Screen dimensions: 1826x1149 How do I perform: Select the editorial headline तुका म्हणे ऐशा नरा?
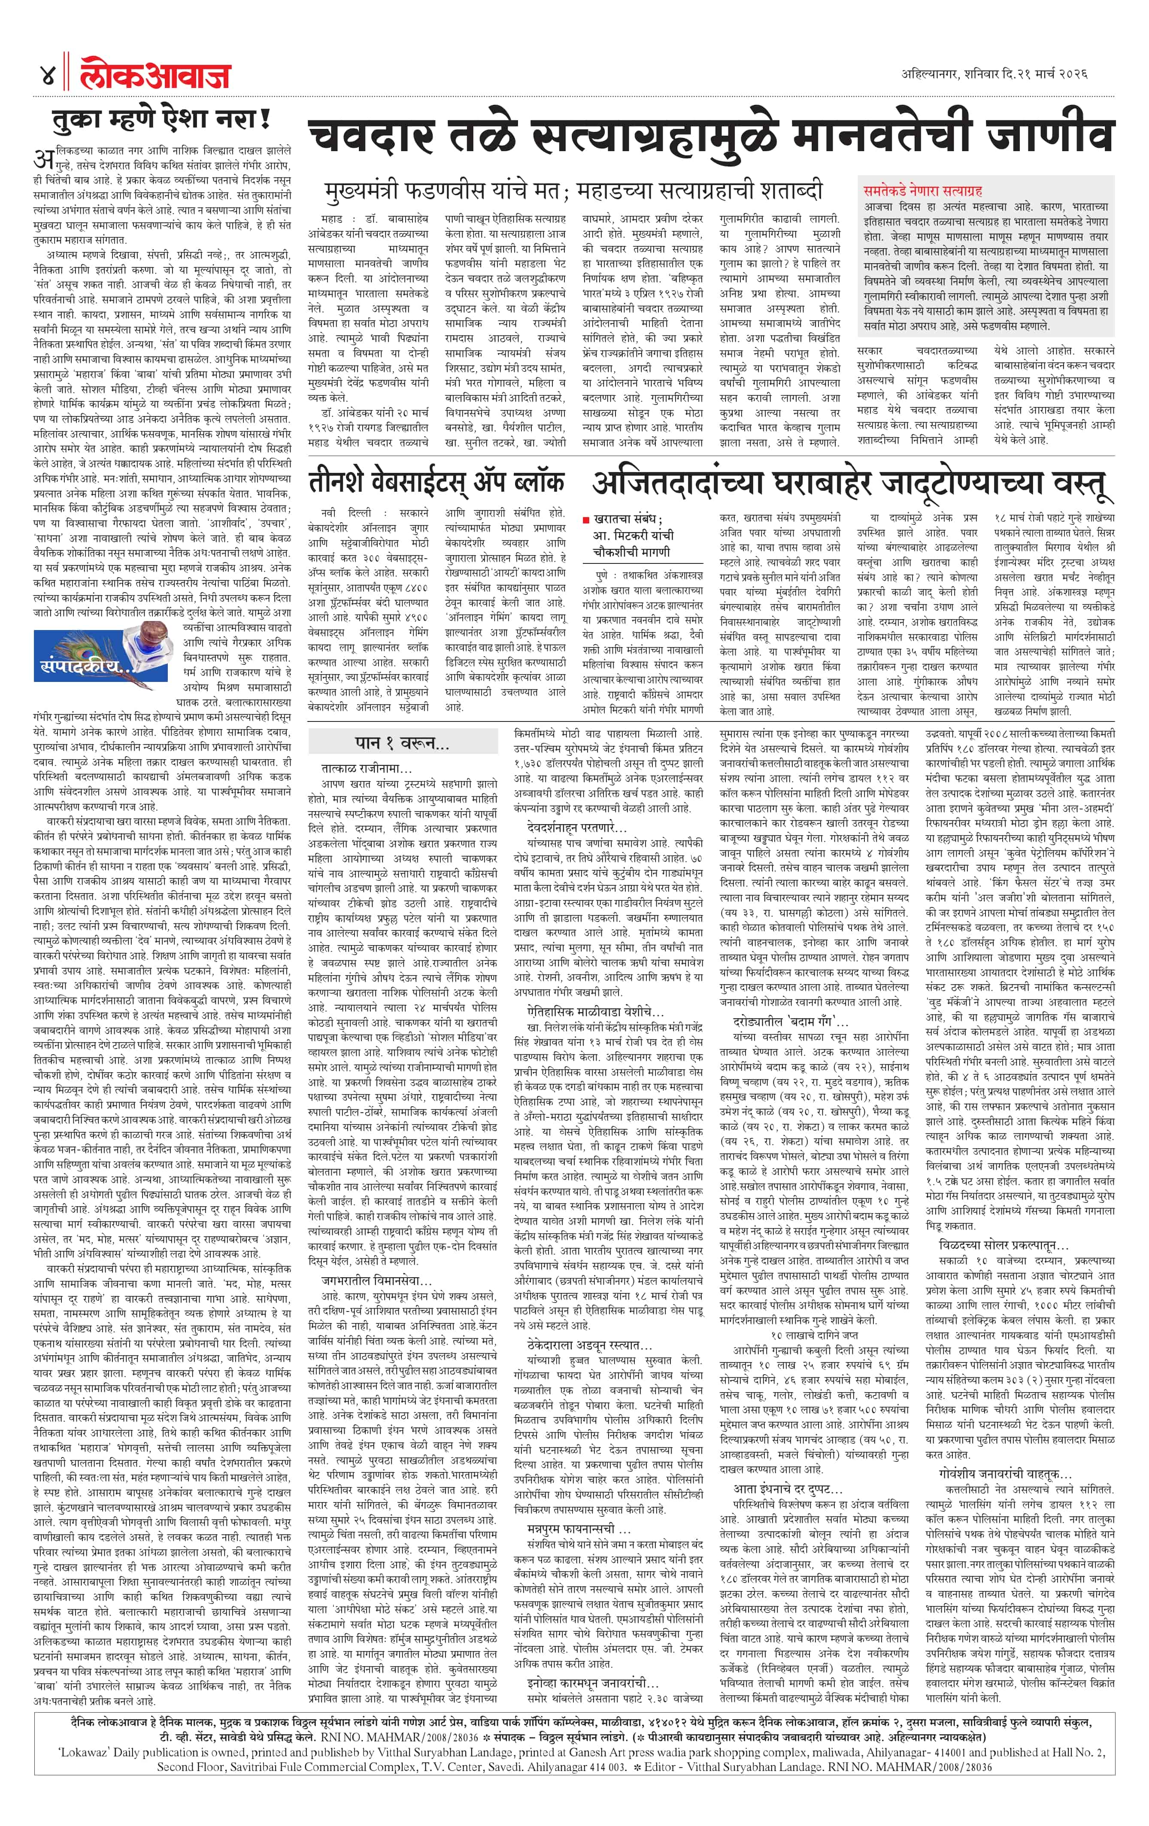161,120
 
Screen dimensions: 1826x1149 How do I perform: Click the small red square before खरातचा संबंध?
586,520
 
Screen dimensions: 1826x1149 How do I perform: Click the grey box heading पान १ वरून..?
402,742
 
